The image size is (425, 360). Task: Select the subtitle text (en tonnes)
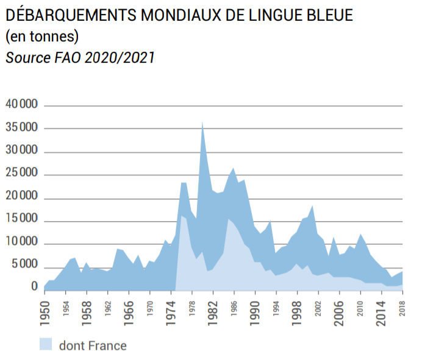coord(42,37)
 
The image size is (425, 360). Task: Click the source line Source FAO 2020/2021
coord(80,58)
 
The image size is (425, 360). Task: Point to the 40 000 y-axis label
coord(22,105)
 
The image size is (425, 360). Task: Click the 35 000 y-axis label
coord(22,128)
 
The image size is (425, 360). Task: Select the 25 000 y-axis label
coord(22,174)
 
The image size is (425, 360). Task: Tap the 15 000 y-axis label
coord(22,220)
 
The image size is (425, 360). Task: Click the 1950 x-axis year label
coord(45,312)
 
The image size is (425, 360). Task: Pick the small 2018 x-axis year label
coord(403,309)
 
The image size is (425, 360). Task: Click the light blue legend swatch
coord(46,345)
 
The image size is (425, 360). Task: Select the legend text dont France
coord(93,346)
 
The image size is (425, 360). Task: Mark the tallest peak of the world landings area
coord(202,122)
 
